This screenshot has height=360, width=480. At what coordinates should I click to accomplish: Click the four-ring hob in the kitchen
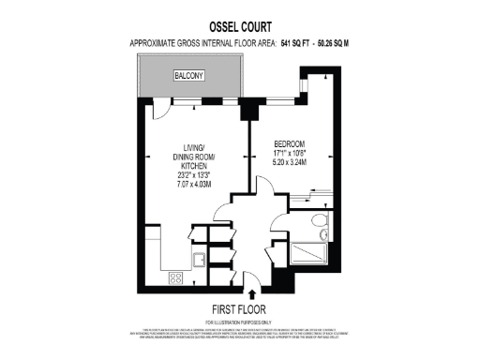pyautogui.click(x=174, y=277)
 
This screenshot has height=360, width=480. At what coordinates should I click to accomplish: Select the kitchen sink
pyautogui.click(x=199, y=261)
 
